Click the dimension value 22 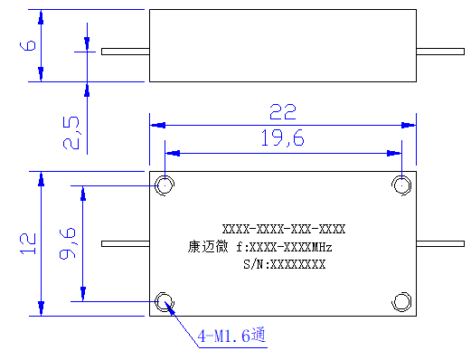[283, 112]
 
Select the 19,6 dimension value [283, 138]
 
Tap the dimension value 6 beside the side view [28, 45]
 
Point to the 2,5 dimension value [71, 133]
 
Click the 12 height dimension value [28, 243]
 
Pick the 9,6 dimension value [67, 243]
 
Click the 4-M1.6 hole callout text [231, 335]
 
